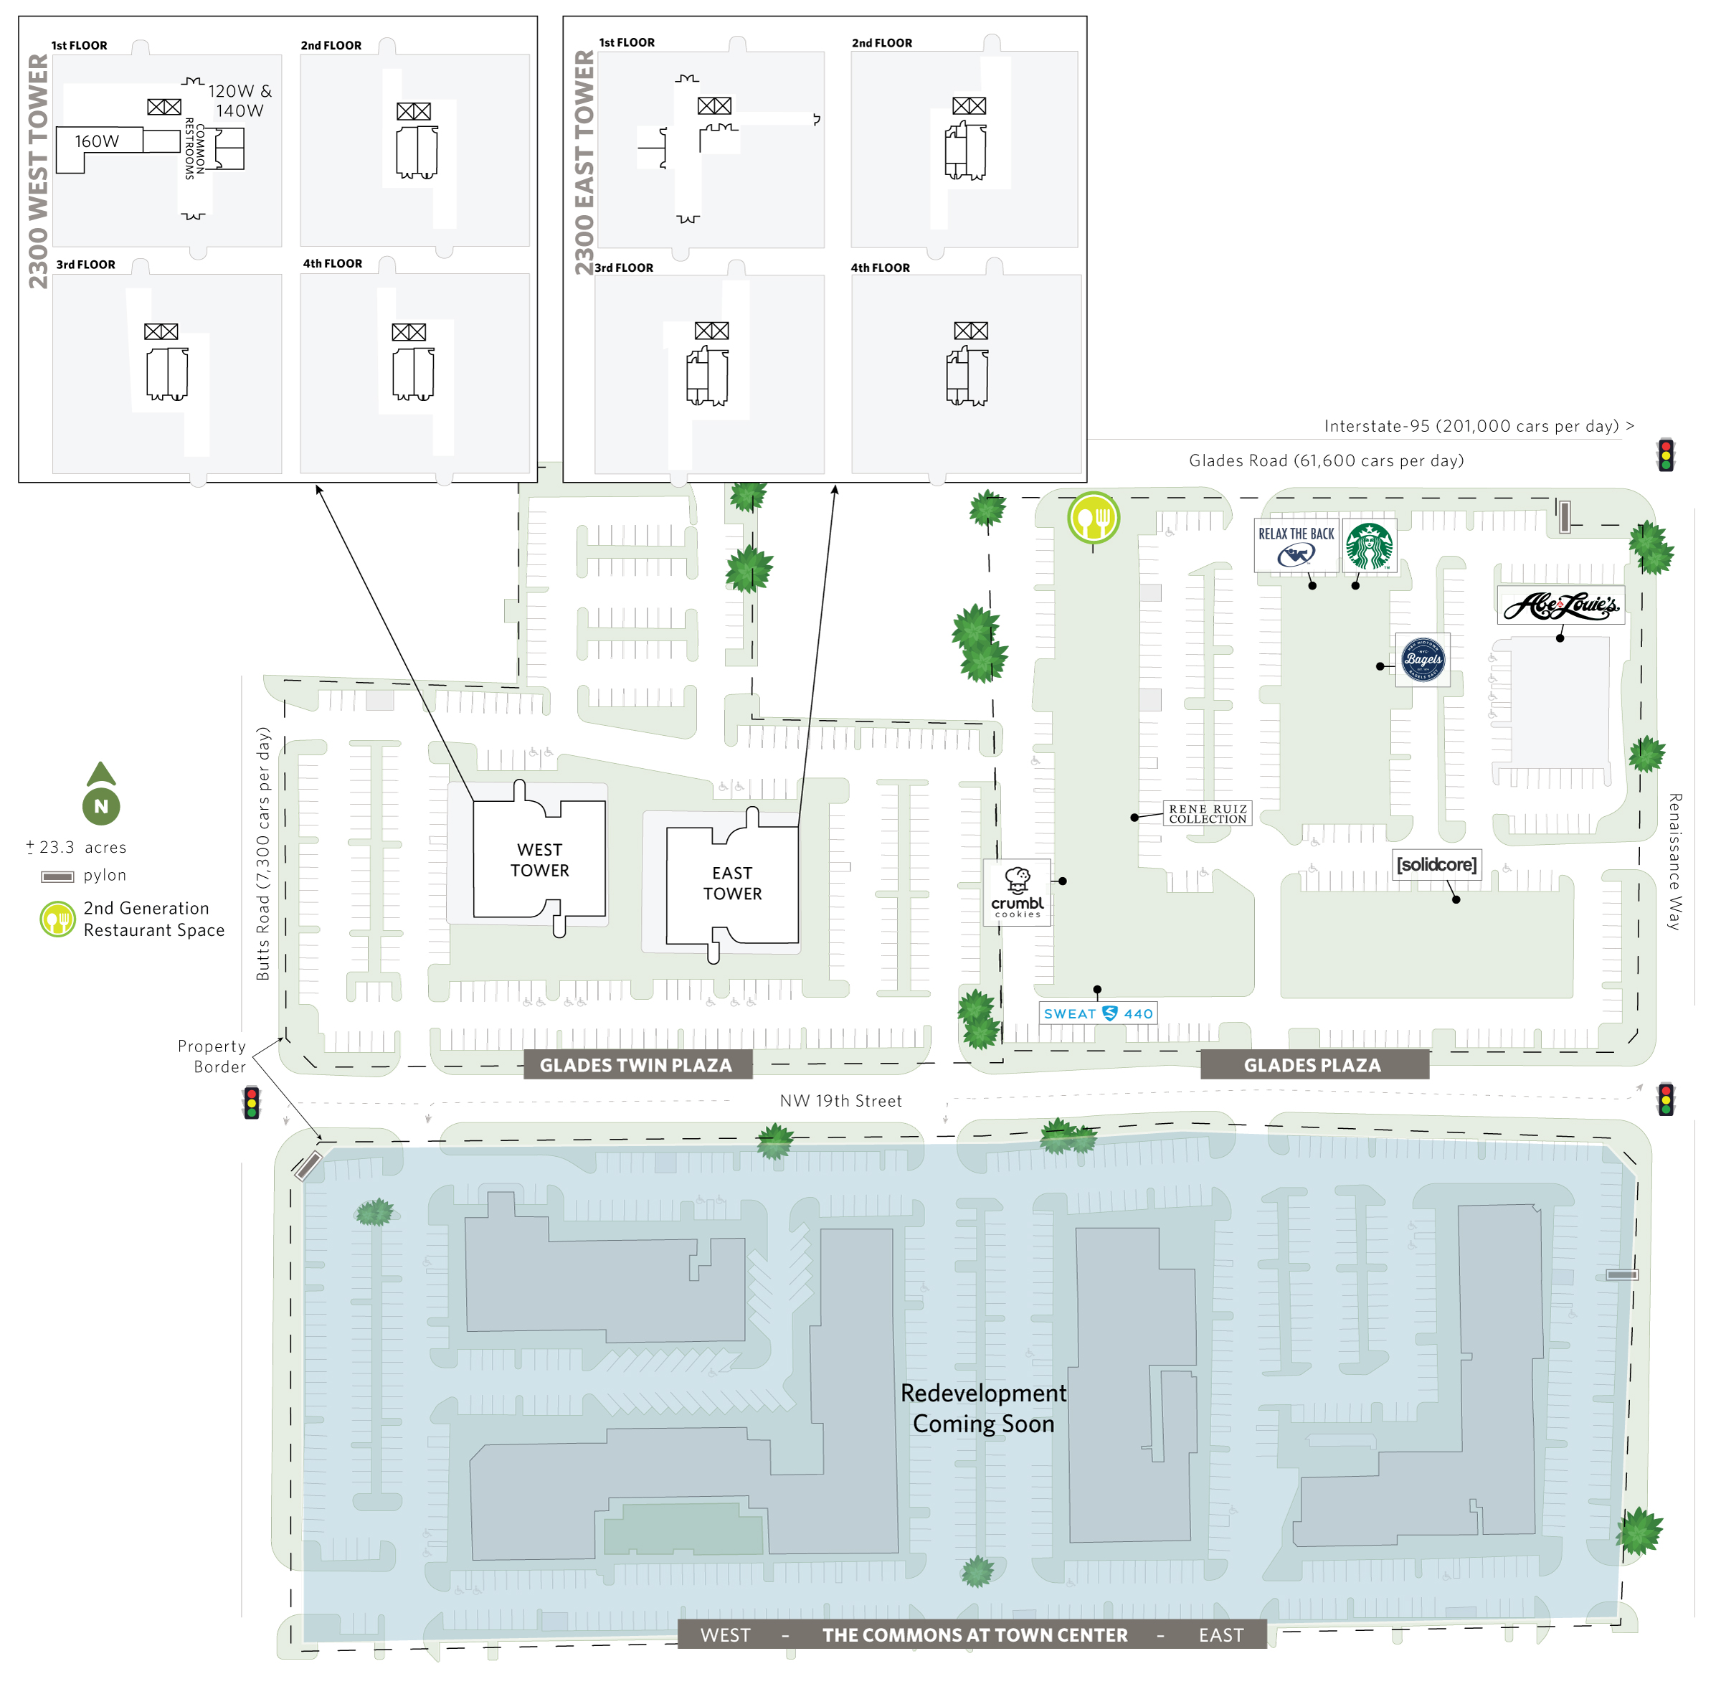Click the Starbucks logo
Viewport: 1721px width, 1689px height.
coord(1369,546)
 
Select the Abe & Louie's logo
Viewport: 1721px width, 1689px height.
coord(1560,605)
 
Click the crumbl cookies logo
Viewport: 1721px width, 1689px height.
coord(1017,891)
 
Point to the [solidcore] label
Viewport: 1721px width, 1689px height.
coord(1436,864)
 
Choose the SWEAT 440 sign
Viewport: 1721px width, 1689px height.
coord(1097,1013)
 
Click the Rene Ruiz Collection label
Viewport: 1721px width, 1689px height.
coord(1208,813)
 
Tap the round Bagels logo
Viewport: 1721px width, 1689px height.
coord(1423,659)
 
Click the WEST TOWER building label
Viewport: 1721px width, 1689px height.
coord(539,860)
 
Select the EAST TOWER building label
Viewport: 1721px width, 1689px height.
coord(732,883)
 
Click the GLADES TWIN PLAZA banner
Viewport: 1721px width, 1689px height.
coord(636,1064)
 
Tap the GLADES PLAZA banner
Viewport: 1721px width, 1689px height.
coord(1312,1064)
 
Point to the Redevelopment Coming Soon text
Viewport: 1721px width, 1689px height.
coord(983,1409)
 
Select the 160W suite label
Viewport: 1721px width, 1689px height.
coord(97,141)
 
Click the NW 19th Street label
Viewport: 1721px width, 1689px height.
coord(840,1100)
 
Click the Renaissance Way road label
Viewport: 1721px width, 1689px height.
coord(1674,861)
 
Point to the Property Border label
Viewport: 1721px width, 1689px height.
coord(212,1056)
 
